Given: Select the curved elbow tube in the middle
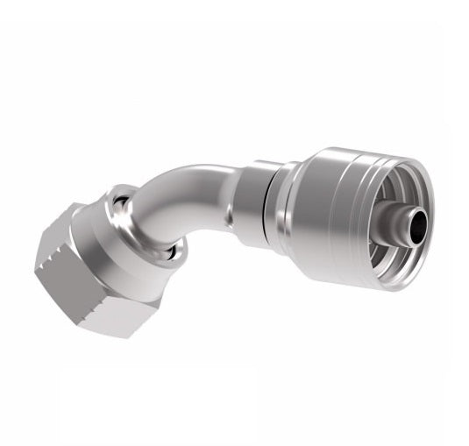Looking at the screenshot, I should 188,202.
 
